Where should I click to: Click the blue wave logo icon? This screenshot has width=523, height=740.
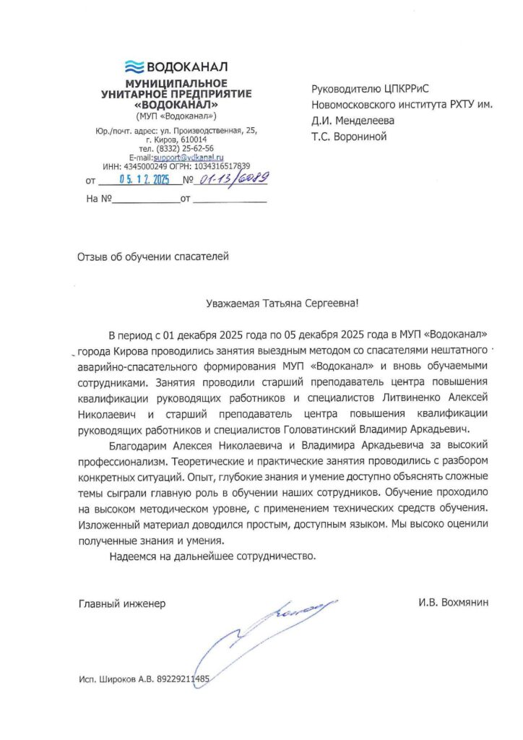coord(134,67)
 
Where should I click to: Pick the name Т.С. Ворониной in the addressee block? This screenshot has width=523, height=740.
coord(350,136)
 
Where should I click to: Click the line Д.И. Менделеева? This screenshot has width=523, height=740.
coord(353,120)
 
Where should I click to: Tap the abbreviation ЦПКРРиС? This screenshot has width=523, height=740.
coord(405,89)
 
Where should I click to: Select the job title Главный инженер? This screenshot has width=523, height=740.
coord(121,603)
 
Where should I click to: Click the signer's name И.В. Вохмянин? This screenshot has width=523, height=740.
coord(453,603)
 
